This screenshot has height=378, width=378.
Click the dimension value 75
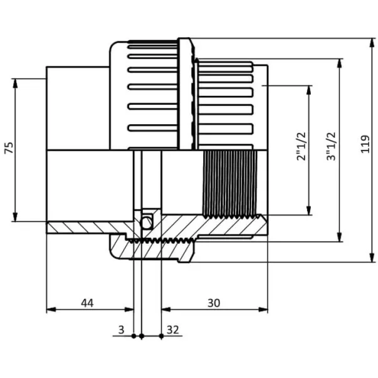point(9,148)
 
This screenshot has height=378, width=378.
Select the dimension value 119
point(365,144)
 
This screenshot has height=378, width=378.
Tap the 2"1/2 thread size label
point(302,146)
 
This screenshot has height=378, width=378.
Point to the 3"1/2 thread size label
point(331,146)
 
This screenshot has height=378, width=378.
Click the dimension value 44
point(87,303)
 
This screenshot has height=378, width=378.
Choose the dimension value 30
point(214,303)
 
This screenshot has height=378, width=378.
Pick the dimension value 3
point(121,330)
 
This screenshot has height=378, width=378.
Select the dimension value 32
point(173,330)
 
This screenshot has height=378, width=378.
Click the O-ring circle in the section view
point(147,223)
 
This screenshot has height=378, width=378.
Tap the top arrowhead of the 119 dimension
point(372,43)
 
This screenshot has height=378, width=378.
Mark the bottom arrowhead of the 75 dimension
point(15,216)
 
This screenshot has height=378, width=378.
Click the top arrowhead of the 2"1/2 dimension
point(309,90)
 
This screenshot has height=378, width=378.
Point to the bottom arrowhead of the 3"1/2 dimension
point(339,236)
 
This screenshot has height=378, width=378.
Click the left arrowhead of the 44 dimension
point(51,309)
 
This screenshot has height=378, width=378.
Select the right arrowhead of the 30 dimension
point(263,309)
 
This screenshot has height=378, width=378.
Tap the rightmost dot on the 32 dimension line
point(161,336)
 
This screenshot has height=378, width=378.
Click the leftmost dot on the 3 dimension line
point(134,336)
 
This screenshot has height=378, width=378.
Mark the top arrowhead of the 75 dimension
point(15,83)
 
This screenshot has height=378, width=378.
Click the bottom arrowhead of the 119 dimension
point(372,257)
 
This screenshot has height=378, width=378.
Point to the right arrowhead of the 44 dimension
point(129,309)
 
